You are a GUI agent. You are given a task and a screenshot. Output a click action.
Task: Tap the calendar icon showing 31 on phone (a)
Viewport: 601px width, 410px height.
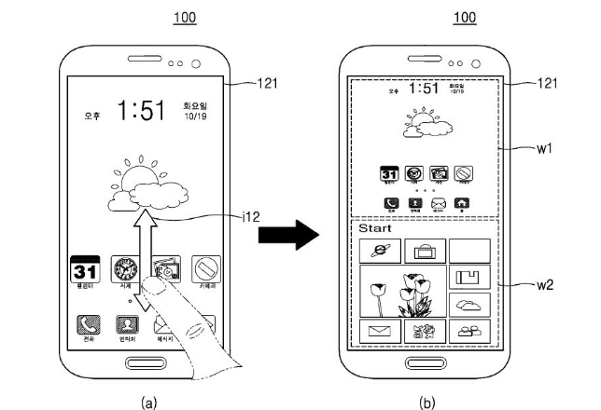tap(85, 271)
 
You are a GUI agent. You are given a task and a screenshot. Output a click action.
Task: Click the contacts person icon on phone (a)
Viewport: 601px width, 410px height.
tap(125, 324)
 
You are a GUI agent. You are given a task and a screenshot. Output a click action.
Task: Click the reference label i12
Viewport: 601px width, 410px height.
tap(249, 217)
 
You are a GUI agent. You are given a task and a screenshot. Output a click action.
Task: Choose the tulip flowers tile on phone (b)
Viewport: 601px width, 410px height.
tap(400, 290)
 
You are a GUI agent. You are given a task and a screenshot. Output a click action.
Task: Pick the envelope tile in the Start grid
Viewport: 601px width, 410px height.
tap(379, 330)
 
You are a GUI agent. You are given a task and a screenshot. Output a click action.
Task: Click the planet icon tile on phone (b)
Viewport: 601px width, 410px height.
tap(379, 249)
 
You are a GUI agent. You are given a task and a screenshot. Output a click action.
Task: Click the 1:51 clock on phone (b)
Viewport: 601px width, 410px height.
tap(426, 89)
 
